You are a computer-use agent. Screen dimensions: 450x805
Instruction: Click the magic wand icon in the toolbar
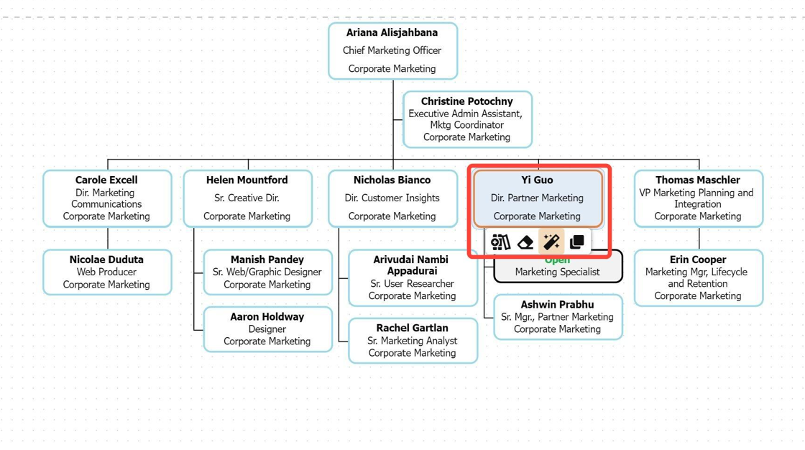[x=551, y=242]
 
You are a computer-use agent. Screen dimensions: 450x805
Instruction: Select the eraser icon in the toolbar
[x=526, y=242]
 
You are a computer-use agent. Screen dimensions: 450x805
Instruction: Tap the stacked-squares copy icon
[x=576, y=242]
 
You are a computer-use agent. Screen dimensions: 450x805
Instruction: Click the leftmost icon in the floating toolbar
[x=500, y=242]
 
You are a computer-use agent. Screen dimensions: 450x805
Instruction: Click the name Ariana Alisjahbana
[x=392, y=32]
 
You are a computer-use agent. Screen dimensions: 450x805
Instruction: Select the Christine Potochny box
[x=467, y=119]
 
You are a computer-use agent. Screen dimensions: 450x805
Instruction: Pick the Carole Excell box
[x=107, y=198]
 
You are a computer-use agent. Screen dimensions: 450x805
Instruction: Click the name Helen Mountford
[x=247, y=180]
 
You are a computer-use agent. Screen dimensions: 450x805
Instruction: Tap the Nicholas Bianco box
[x=392, y=198]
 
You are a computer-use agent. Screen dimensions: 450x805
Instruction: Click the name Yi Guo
[x=537, y=180]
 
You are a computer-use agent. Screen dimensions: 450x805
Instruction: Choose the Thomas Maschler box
[x=698, y=198]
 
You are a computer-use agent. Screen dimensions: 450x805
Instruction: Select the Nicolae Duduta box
[x=107, y=272]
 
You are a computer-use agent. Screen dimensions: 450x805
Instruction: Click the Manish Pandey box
[x=267, y=272]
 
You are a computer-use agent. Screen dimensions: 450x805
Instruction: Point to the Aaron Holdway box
[x=267, y=329]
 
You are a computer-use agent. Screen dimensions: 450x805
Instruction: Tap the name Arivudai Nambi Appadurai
[x=413, y=265]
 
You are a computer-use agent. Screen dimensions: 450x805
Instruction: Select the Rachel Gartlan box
[x=413, y=340]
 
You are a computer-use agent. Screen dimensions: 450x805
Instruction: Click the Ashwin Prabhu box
[x=558, y=316]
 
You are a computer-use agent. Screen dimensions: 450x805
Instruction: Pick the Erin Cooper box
[x=698, y=277]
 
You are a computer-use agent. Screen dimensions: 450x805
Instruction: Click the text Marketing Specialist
[x=558, y=272]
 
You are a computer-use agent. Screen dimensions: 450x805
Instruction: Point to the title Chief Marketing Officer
[x=392, y=50]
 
